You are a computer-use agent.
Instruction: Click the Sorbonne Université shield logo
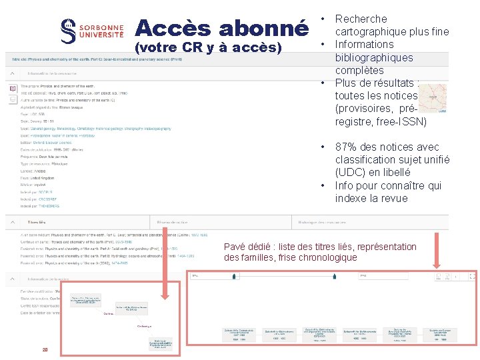tap(67, 31)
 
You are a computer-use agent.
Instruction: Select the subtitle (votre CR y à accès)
tap(209, 48)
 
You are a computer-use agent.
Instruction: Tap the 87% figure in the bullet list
tap(348, 147)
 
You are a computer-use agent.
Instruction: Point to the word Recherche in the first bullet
tap(361, 19)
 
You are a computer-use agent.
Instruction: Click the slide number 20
tap(45, 350)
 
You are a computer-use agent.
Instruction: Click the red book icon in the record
tap(12, 88)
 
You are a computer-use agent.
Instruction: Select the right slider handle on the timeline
tap(334, 275)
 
